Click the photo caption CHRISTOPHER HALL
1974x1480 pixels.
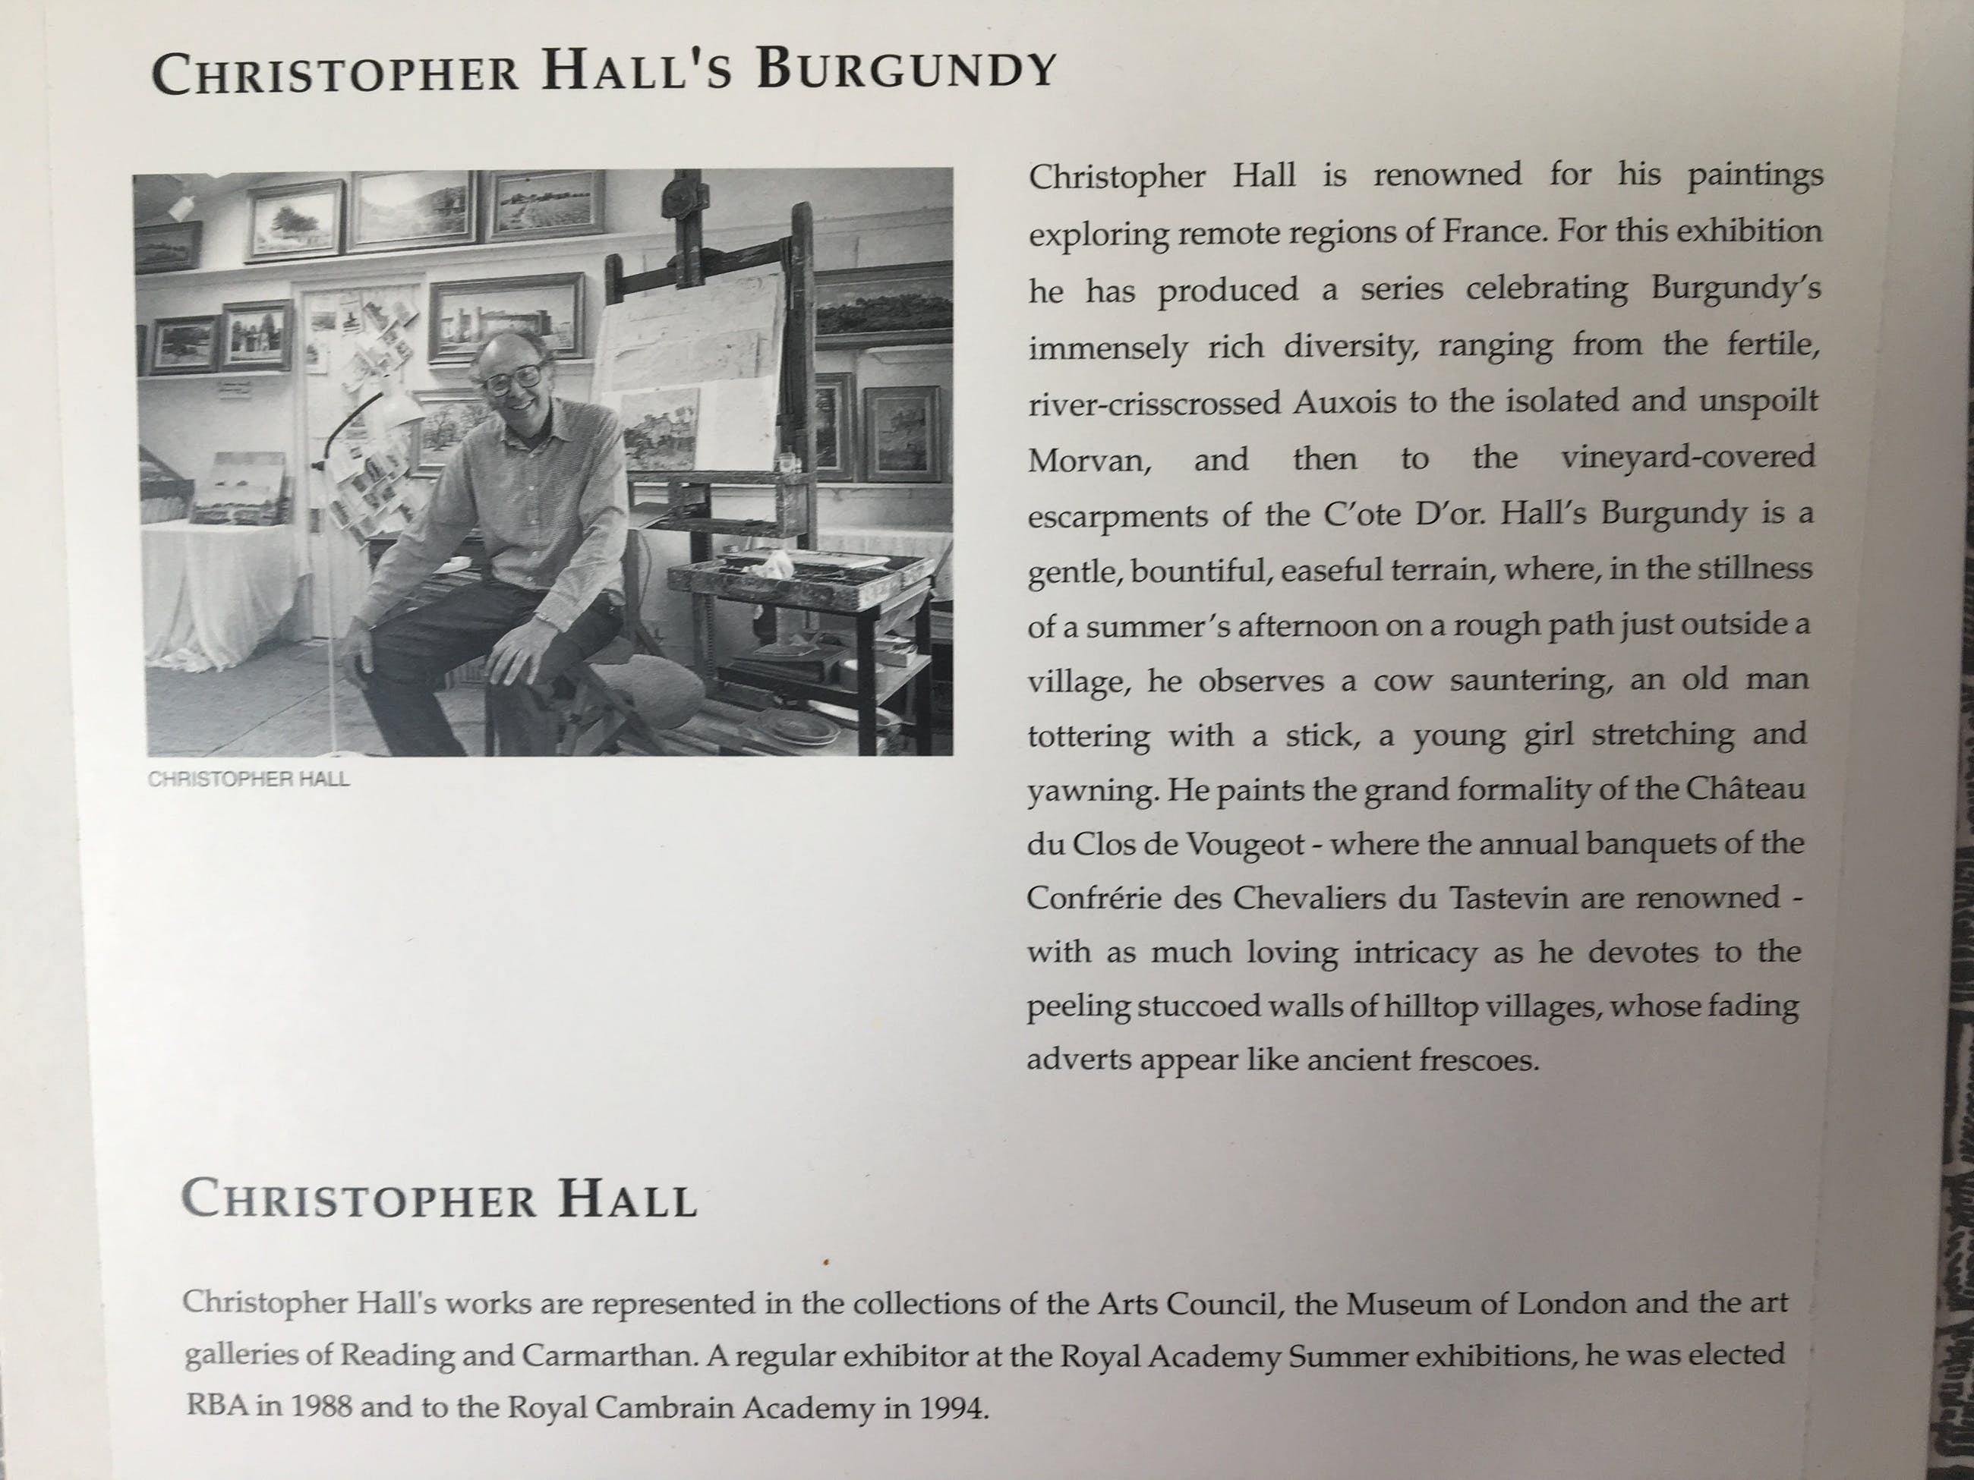pos(248,779)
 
